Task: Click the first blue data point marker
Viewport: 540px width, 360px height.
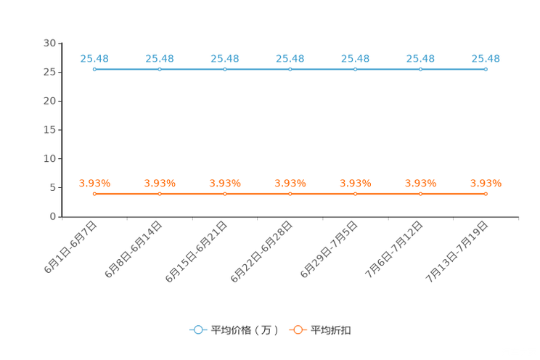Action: pyautogui.click(x=94, y=70)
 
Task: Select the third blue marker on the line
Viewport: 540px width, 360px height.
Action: pyautogui.click(x=225, y=70)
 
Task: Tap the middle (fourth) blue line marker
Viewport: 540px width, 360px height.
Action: pyautogui.click(x=290, y=70)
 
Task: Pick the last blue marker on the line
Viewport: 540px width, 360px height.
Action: pyautogui.click(x=486, y=70)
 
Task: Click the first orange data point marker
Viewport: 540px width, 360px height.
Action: pyautogui.click(x=94, y=195)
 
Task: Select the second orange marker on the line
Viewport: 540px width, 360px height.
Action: pyautogui.click(x=160, y=195)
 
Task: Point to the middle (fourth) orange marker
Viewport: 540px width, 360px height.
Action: pyautogui.click(x=290, y=195)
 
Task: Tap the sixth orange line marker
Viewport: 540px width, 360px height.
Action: pyautogui.click(x=420, y=195)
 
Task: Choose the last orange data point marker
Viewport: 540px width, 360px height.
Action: pyautogui.click(x=486, y=195)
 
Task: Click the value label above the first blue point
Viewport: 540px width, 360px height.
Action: pyautogui.click(x=94, y=58)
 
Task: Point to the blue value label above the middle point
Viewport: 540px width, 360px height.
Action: pyautogui.click(x=290, y=58)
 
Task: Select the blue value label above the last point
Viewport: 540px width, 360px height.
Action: pyautogui.click(x=486, y=58)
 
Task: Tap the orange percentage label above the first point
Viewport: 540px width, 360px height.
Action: pyautogui.click(x=94, y=184)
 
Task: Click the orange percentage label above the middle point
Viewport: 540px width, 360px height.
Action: pyautogui.click(x=290, y=184)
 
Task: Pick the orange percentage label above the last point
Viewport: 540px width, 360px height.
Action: pyautogui.click(x=486, y=184)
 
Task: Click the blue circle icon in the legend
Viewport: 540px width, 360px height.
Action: pyautogui.click(x=198, y=330)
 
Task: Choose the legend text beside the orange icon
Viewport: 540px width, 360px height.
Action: pyautogui.click(x=332, y=330)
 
